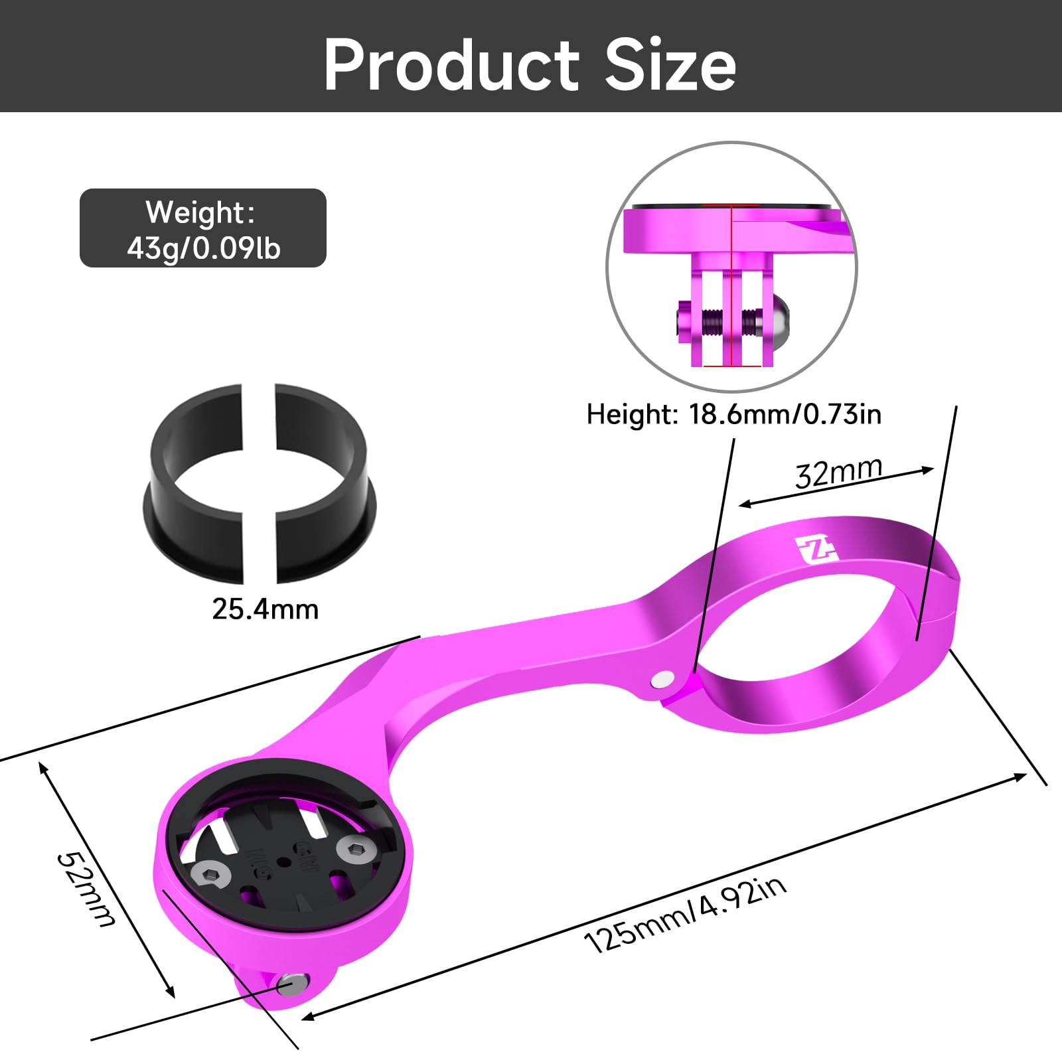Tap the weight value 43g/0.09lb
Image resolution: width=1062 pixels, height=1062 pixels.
pyautogui.click(x=204, y=248)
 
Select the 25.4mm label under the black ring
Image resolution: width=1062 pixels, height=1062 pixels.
pyautogui.click(x=265, y=609)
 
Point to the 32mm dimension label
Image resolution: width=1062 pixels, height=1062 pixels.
pyautogui.click(x=838, y=472)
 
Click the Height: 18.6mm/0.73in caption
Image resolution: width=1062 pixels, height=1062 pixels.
pyautogui.click(x=733, y=414)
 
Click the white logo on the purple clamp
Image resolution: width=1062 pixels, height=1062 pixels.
pyautogui.click(x=816, y=550)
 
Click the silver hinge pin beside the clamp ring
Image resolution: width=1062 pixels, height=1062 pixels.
pyautogui.click(x=662, y=679)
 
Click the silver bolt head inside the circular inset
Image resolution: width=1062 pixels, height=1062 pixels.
pyautogui.click(x=777, y=321)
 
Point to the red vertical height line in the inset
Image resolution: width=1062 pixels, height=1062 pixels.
pyautogui.click(x=731, y=285)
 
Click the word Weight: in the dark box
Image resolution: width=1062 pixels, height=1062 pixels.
pyautogui.click(x=200, y=213)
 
